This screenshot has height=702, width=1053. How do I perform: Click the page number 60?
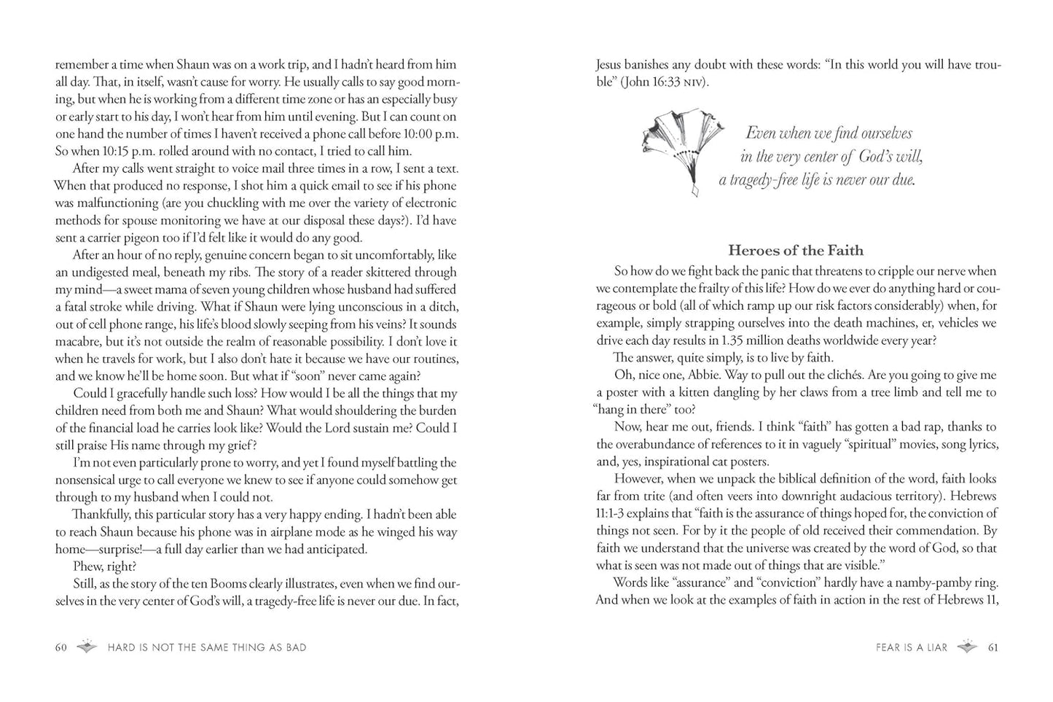point(61,647)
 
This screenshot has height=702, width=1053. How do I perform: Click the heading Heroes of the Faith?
point(796,251)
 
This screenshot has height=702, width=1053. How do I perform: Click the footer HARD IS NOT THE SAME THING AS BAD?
point(206,647)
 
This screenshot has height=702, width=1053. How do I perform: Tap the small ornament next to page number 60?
point(87,647)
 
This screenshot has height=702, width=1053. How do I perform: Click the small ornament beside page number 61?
point(967,647)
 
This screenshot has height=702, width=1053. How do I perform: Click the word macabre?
point(79,341)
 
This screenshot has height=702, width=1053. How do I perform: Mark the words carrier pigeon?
point(128,238)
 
